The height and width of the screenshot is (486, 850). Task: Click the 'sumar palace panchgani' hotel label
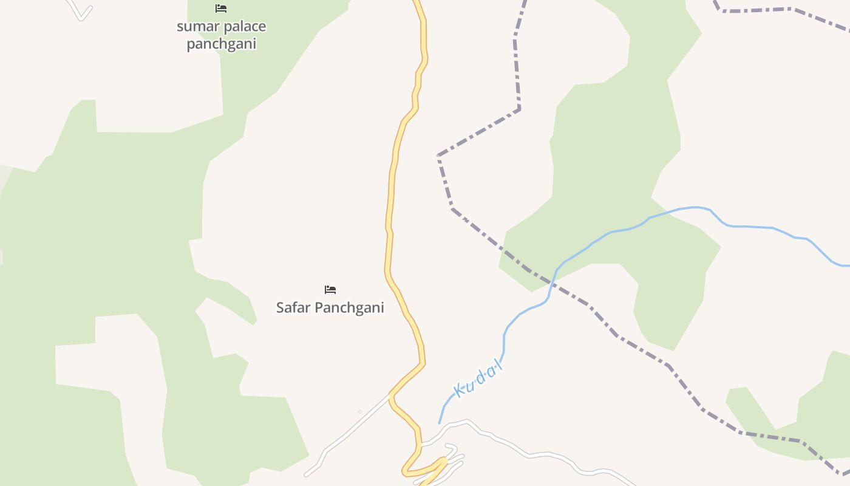pos(221,35)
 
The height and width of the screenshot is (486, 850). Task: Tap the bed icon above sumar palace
pos(221,9)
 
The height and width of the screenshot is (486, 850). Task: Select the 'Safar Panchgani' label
pos(330,307)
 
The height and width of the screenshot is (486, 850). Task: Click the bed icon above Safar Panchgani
pos(330,289)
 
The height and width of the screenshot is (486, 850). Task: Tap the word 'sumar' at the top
pos(192,27)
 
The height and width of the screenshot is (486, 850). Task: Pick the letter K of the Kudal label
pos(460,391)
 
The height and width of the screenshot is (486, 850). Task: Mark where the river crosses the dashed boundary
pos(551,282)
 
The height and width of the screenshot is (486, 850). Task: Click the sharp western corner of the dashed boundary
pos(438,156)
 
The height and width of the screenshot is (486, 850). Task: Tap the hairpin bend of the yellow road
pos(406,471)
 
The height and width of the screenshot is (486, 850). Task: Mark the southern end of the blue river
pos(440,422)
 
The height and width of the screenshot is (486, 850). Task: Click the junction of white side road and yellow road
pos(390,395)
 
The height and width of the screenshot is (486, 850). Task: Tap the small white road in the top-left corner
pos(80,12)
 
